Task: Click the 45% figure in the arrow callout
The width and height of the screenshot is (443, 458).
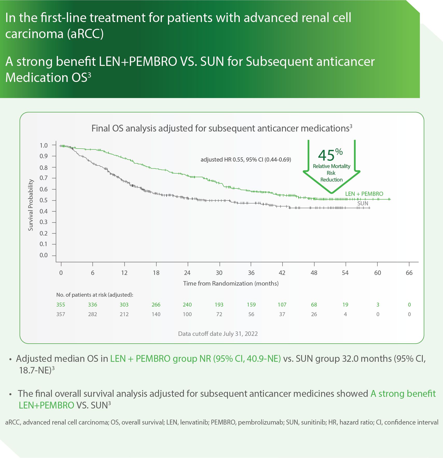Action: tap(330, 155)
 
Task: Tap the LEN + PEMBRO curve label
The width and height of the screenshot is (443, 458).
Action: tap(364, 194)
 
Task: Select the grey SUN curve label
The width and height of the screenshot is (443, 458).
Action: tap(363, 203)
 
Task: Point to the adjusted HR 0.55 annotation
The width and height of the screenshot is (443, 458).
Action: tap(245, 159)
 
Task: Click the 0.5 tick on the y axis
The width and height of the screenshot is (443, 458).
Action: tap(44, 200)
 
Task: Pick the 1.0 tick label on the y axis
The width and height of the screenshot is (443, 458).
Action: tap(44, 145)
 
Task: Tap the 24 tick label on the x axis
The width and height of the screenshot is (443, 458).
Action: tap(187, 273)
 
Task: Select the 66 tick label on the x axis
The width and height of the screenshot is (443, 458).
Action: tap(409, 273)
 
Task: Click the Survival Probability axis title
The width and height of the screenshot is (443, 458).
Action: tap(31, 205)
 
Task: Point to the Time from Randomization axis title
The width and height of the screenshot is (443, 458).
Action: tap(231, 283)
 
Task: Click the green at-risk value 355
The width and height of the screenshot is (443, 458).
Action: tap(61, 304)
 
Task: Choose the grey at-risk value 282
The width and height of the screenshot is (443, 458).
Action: tap(93, 314)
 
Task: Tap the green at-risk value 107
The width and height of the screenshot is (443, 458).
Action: tap(282, 304)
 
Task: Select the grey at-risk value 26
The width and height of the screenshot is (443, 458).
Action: tap(314, 314)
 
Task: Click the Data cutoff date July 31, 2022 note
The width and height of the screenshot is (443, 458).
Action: tap(218, 334)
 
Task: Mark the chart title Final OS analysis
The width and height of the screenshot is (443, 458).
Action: tap(222, 128)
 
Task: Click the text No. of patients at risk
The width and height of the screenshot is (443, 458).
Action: tap(95, 295)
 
